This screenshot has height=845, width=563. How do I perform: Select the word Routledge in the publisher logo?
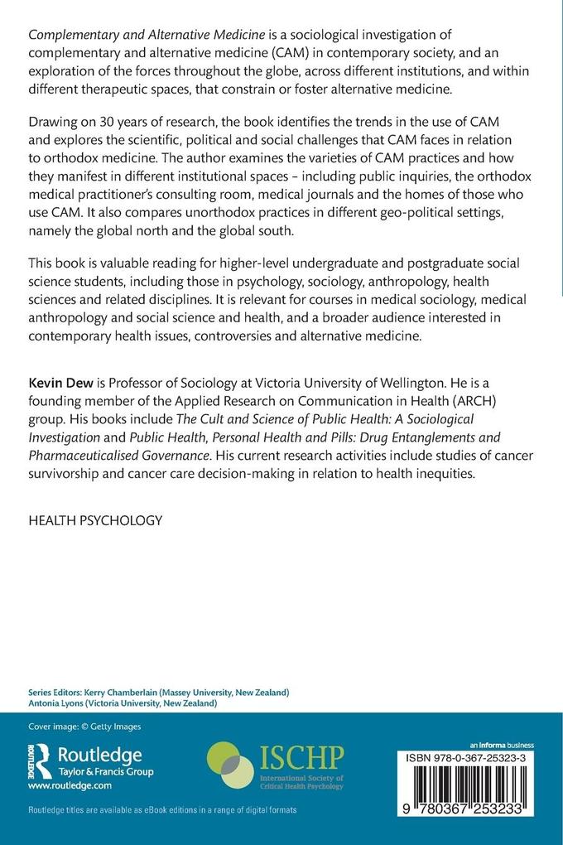[99, 755]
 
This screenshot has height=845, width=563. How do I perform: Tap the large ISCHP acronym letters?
[302, 756]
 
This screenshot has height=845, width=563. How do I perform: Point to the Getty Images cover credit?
[84, 727]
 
